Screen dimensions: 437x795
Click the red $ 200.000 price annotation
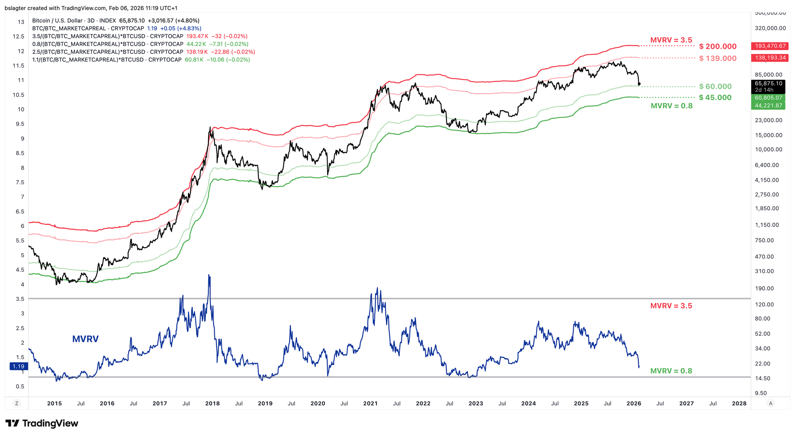tap(717, 46)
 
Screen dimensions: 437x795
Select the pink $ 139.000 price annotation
tap(717, 58)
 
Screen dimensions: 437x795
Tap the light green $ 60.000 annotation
tap(715, 87)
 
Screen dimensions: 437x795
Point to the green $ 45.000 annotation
tap(715, 98)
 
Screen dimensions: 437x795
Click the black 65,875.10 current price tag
tap(768, 83)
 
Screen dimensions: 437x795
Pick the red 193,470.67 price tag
tap(770, 46)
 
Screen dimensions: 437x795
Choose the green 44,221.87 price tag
tap(768, 106)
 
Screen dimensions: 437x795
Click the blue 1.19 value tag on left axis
tap(18, 366)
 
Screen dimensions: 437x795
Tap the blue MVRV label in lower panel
tap(85, 339)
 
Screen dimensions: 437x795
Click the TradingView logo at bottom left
tap(42, 424)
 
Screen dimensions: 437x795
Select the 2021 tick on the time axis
tap(370, 403)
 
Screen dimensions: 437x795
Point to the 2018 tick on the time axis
tap(212, 403)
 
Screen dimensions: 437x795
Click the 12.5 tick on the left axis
tap(18, 37)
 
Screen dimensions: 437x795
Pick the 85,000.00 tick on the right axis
tap(768, 75)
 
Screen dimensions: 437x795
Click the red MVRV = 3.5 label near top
tap(671, 40)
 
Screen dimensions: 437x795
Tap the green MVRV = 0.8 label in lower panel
tap(671, 371)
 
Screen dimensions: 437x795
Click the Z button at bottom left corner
tap(17, 403)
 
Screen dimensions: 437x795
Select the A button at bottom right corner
tap(770, 403)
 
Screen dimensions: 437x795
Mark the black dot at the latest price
tap(639, 84)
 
